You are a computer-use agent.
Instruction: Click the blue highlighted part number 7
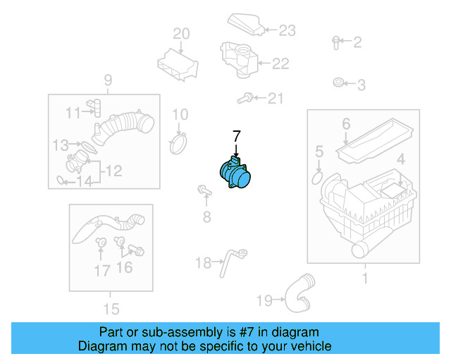237,173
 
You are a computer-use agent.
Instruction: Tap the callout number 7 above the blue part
237,135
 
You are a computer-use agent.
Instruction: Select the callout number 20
181,34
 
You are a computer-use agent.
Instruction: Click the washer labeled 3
338,85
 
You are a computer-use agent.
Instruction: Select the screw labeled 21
246,99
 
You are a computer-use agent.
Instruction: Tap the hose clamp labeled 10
180,143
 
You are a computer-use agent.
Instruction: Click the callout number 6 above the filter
346,124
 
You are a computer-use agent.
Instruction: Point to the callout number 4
400,159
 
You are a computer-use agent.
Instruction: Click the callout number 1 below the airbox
364,279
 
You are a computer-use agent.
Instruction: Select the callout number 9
108,80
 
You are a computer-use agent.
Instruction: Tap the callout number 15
111,308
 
